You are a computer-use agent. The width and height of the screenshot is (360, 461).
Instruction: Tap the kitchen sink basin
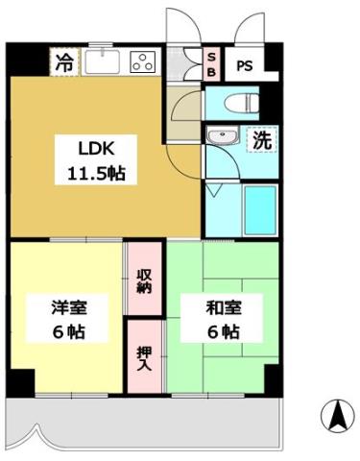(x=103, y=63)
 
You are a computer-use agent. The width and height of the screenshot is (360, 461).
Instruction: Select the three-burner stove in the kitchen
(x=142, y=63)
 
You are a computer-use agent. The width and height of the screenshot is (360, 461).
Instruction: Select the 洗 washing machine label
(x=260, y=139)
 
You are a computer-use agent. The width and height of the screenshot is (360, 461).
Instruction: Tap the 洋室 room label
(x=69, y=309)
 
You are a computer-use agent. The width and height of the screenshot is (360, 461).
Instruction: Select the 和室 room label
(x=221, y=309)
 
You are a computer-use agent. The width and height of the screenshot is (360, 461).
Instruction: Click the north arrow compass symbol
(x=337, y=416)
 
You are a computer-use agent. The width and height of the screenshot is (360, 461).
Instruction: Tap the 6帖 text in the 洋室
(x=69, y=332)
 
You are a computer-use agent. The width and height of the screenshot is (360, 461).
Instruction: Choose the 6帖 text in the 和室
(x=221, y=332)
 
